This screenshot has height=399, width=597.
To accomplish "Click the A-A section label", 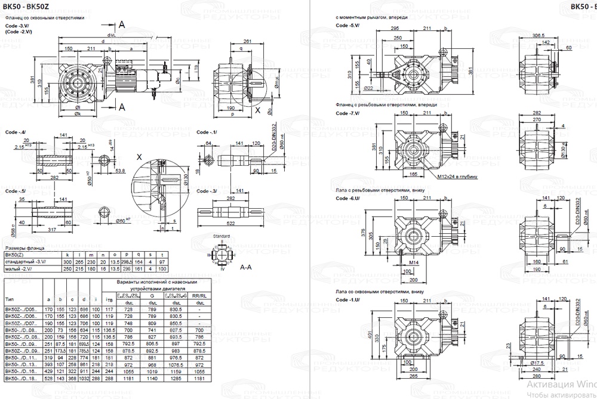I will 245,268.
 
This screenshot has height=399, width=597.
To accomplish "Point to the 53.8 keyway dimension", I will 120,171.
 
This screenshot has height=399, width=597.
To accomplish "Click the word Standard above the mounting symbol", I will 222,237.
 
